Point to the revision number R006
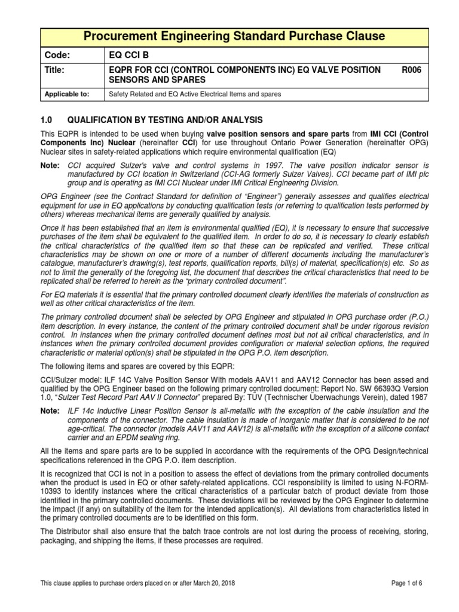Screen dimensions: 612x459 click(x=411, y=70)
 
